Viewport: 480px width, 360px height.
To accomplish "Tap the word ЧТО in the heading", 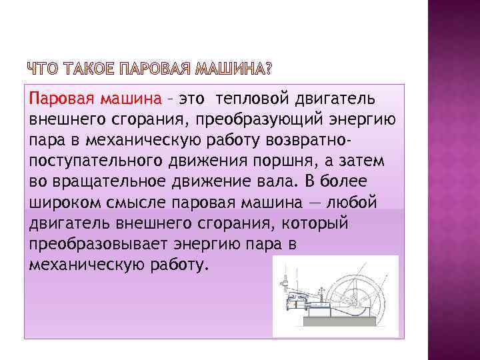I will point(44,69).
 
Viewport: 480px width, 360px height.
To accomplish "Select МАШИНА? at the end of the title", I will point(233,69).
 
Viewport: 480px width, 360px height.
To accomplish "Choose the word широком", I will point(63,202).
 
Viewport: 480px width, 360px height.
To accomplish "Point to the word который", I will point(317,222).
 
